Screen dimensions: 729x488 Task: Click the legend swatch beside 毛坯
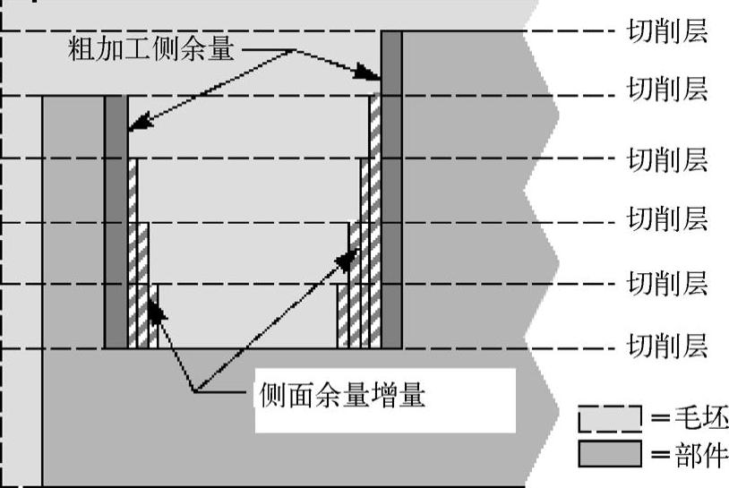(610, 417)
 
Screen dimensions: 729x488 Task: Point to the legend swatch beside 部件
(610, 454)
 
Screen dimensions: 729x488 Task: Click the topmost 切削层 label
(667, 31)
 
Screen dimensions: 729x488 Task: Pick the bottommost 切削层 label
(667, 345)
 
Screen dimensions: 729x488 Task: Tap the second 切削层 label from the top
(667, 90)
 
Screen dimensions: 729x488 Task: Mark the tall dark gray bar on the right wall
(391, 188)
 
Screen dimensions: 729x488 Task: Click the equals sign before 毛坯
(663, 418)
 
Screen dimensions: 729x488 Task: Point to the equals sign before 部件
(663, 455)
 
